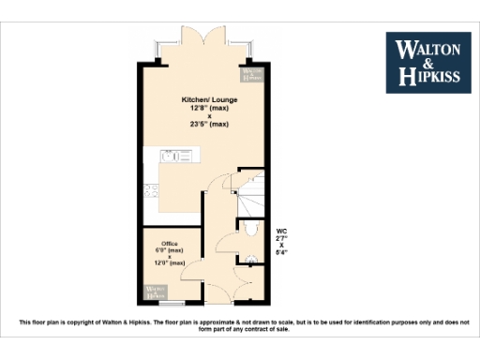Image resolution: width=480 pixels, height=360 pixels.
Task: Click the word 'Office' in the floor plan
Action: [x=170, y=244]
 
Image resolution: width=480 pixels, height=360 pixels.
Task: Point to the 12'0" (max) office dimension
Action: [x=170, y=263]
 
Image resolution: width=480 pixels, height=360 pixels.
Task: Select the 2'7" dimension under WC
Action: [x=281, y=238]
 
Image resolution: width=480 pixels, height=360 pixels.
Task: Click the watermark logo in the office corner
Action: [x=155, y=291]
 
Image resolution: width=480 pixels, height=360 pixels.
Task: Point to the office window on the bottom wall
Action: [x=172, y=304]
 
